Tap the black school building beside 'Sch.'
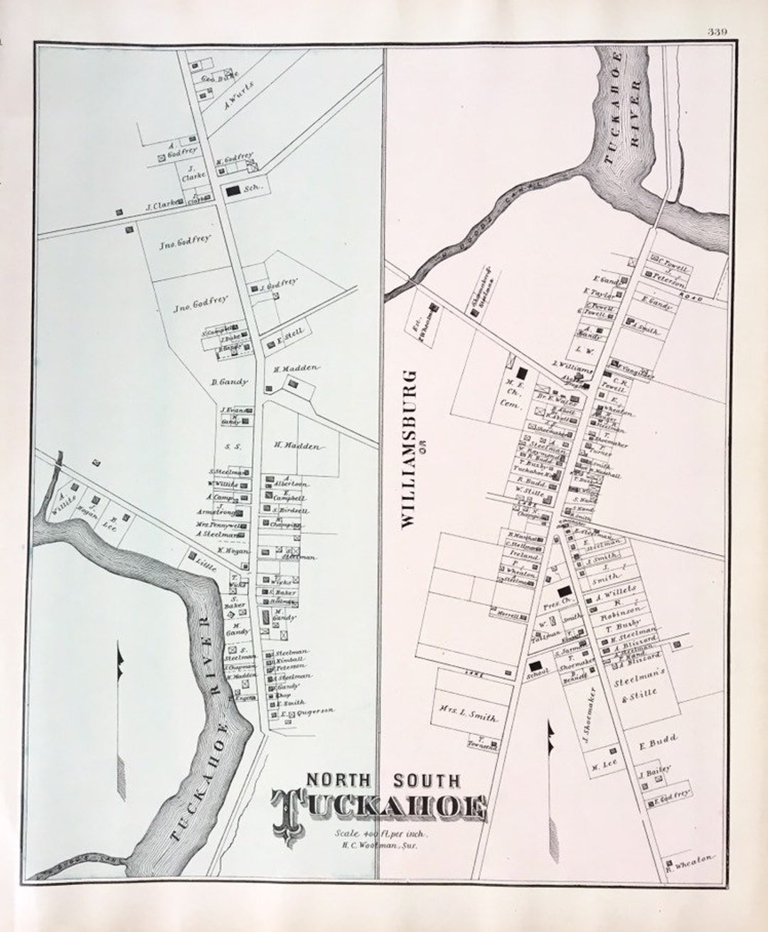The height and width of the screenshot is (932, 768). point(233,191)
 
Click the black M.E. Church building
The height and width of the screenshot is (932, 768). point(523,372)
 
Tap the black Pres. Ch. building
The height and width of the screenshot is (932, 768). point(565,591)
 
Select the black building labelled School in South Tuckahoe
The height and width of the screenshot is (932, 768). point(535,665)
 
